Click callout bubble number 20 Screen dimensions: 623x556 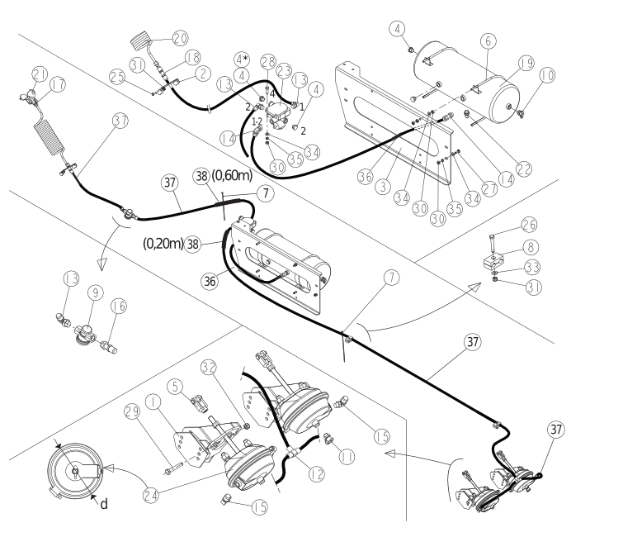coord(180,39)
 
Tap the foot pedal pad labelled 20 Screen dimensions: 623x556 coord(141,41)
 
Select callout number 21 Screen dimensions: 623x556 coord(40,74)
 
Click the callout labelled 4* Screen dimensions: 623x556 coord(242,59)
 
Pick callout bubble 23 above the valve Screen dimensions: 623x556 coord(284,72)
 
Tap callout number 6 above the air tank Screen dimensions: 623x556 coord(488,41)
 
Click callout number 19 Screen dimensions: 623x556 coord(526,64)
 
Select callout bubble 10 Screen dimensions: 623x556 coord(548,75)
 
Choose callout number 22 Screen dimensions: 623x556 coord(524,169)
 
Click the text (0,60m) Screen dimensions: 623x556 coord(232,175)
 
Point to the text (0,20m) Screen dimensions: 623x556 coord(163,243)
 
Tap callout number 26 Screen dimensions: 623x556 coord(529,225)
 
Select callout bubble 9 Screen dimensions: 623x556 coord(96,293)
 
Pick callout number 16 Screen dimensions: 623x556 coord(118,307)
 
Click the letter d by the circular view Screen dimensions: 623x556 coord(104,504)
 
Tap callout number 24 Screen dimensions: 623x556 coord(151,495)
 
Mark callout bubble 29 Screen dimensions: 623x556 coord(132,411)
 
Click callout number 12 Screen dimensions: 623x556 coord(316,474)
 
